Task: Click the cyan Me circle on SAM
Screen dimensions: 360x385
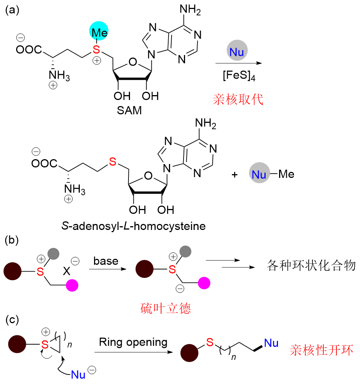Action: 99,31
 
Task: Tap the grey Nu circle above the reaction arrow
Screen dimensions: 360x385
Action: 237,50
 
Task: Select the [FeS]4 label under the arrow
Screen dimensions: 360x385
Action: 239,75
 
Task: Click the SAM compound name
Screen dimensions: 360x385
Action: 129,110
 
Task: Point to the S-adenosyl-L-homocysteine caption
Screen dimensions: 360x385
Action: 134,226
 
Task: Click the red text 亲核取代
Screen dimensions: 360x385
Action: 238,100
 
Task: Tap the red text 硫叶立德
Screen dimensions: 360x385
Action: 166,308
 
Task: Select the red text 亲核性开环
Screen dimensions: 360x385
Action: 321,350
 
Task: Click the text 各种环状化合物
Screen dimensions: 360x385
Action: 311,266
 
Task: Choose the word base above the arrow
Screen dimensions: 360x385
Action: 106,261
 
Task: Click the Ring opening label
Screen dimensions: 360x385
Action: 133,342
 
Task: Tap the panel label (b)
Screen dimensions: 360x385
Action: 12,240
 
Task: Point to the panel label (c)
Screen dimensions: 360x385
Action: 12,320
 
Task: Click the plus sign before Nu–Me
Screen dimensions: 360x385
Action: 235,175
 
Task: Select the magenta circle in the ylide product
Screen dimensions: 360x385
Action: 204,283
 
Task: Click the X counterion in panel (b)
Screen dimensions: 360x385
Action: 67,271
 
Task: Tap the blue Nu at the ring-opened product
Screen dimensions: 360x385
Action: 271,343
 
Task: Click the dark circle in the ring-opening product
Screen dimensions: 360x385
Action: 189,353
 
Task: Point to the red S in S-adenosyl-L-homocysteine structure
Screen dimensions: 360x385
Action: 112,161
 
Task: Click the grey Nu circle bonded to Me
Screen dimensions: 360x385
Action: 259,173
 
